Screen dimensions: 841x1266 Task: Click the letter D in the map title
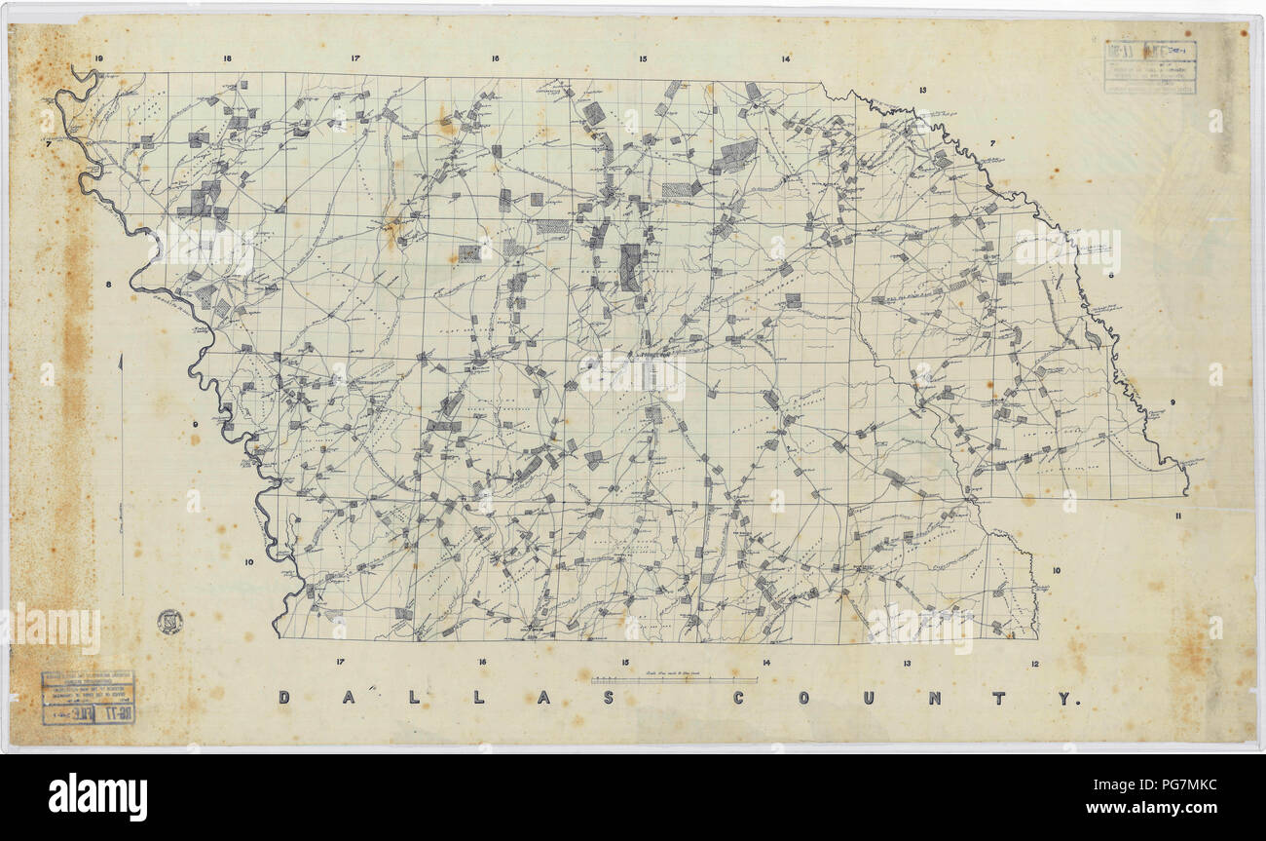pos(284,698)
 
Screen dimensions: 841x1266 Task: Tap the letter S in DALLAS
pos(607,698)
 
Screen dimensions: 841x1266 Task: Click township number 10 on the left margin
pos(249,562)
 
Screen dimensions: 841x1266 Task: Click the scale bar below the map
pos(674,679)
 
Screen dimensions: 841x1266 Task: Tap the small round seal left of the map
pos(169,622)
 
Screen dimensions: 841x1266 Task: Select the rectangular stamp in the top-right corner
pos(1149,67)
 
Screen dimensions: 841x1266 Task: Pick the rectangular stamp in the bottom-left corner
pos(89,698)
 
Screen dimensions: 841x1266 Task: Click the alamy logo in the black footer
pos(98,797)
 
